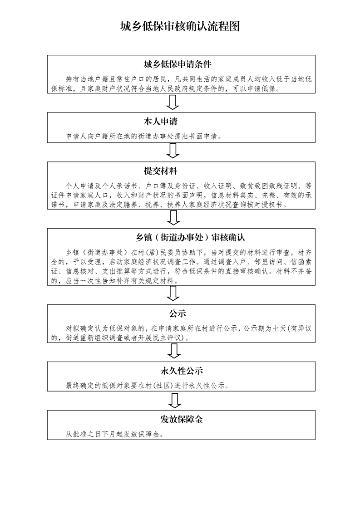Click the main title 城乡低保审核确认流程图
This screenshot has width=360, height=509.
180,26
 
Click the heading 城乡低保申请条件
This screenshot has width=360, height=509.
178,64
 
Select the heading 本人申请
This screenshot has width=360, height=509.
161,122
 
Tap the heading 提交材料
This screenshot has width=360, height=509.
161,171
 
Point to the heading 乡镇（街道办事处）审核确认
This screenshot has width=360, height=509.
190,238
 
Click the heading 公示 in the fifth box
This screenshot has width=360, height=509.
178,313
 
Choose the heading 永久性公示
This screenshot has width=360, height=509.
182,371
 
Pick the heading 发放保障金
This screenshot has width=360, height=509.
182,420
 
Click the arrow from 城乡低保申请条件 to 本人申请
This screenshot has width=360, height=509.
173,102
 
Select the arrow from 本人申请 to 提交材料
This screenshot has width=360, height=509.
173,151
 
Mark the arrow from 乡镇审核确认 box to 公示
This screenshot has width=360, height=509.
173,294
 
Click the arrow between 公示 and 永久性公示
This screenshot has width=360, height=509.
174,351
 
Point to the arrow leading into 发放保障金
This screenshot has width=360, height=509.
174,401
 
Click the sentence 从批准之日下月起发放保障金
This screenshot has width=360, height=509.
114,434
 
